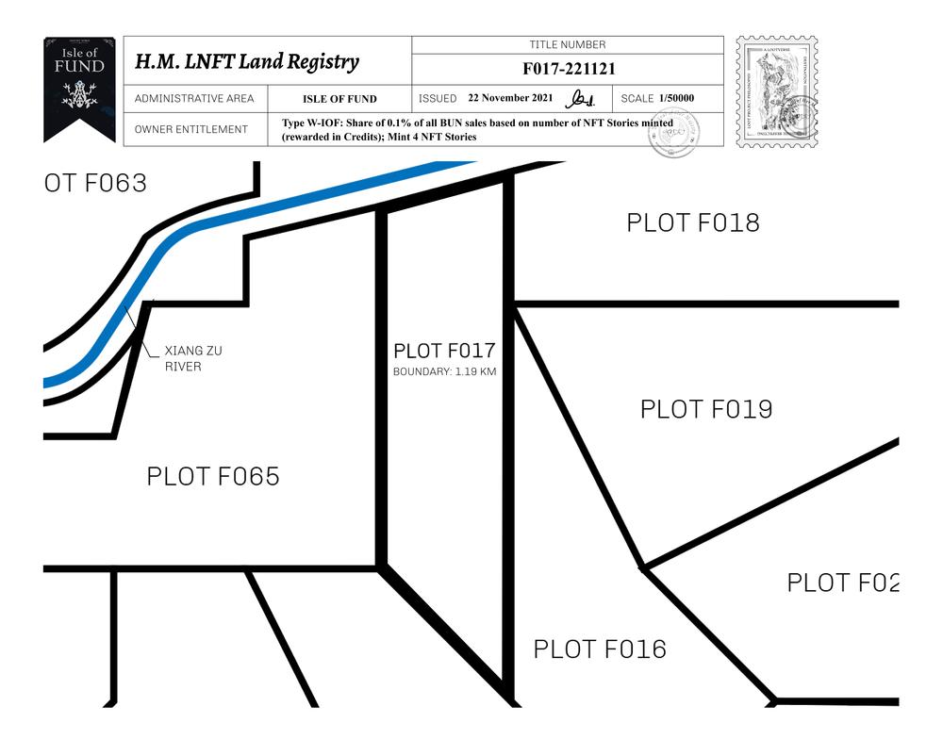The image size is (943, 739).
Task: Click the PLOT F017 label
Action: pos(444,351)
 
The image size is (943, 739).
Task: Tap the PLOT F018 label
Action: pos(693,222)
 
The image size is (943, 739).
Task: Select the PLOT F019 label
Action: pos(706,409)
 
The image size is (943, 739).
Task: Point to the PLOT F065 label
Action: pos(213,476)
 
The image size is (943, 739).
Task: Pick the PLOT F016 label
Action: pos(600,649)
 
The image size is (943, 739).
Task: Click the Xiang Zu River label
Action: pos(193,358)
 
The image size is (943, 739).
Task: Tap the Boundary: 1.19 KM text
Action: pos(444,372)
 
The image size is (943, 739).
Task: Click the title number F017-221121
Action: pos(568,69)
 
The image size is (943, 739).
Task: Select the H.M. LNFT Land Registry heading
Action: pos(247,62)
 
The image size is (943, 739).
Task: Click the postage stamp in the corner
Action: pos(776,90)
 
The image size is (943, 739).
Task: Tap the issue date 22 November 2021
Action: pos(511,98)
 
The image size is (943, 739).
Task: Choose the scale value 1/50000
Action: pos(677,98)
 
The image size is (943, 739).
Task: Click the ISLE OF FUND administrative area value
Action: pos(339,99)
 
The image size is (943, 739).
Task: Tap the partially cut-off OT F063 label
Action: pos(95,183)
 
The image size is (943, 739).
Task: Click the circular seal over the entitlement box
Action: pos(674,133)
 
